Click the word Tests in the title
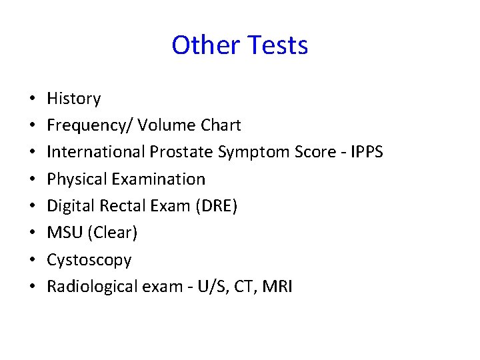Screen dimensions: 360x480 pyautogui.click(x=277, y=45)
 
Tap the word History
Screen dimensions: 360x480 pyautogui.click(x=73, y=99)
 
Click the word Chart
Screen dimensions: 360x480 pyautogui.click(x=219, y=125)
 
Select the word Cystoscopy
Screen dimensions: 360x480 pyautogui.click(x=89, y=260)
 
